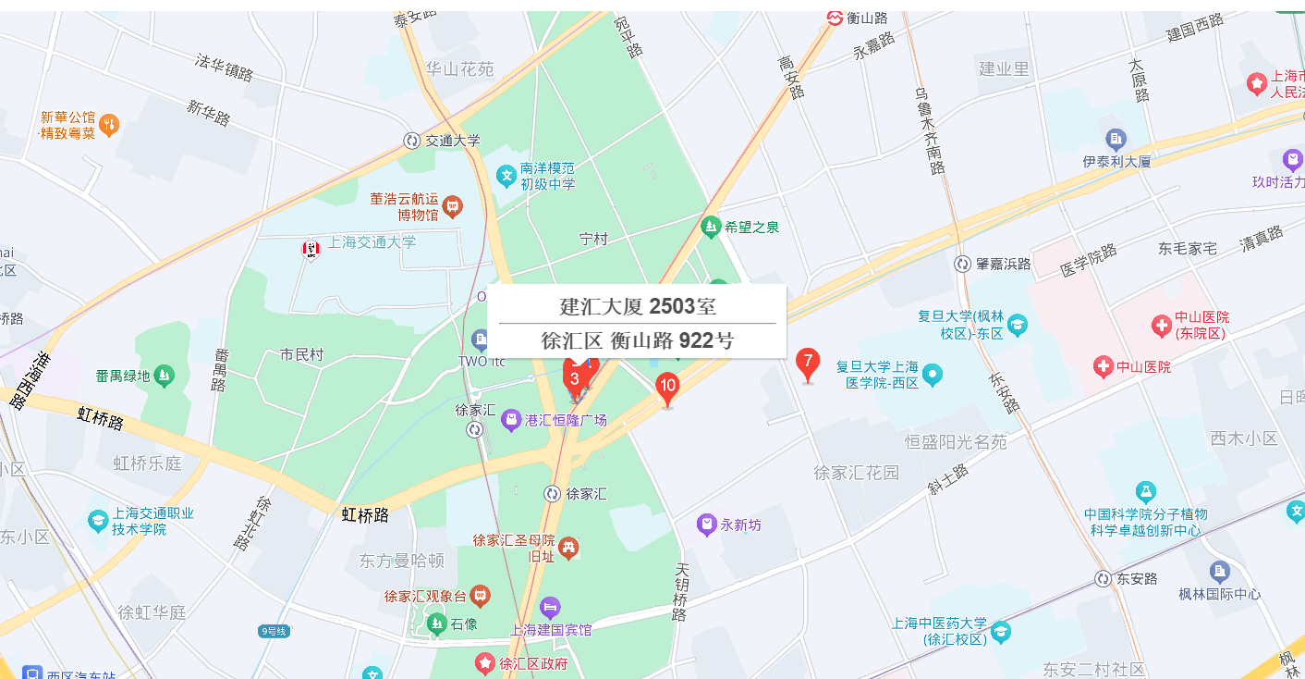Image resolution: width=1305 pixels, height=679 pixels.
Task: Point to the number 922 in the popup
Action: [x=696, y=340]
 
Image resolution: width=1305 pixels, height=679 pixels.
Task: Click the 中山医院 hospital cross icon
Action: [x=1103, y=367]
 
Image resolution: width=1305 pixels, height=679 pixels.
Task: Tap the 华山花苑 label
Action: [x=459, y=68]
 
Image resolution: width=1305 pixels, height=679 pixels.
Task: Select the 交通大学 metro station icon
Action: [x=411, y=141]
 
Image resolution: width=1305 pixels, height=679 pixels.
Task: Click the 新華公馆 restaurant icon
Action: [x=109, y=125]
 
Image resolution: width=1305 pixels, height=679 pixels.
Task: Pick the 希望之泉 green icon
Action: [x=711, y=226]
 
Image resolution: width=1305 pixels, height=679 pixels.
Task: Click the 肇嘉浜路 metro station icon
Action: [x=962, y=265]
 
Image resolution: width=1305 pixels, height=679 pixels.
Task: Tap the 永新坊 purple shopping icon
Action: [x=707, y=525]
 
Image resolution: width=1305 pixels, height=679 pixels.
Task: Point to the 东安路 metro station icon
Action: [x=1103, y=579]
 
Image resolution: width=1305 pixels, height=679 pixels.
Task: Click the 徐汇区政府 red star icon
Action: [x=484, y=662]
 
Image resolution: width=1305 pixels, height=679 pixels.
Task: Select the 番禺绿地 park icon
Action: [x=164, y=376]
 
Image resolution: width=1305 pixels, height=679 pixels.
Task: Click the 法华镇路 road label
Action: [x=224, y=67]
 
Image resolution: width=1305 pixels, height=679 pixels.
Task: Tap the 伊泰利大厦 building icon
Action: [x=1116, y=140]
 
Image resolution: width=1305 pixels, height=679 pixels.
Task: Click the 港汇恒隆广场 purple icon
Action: [x=510, y=421]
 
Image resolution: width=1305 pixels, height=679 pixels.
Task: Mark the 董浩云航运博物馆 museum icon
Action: [x=452, y=205]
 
